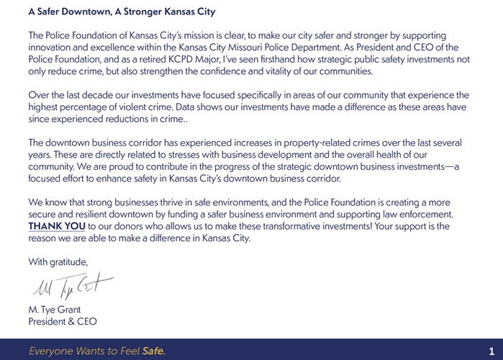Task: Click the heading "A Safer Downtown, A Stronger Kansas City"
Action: tap(122, 12)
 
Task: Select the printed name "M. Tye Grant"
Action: tap(55, 310)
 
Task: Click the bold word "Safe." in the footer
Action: tap(153, 351)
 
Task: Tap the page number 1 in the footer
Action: tap(491, 351)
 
